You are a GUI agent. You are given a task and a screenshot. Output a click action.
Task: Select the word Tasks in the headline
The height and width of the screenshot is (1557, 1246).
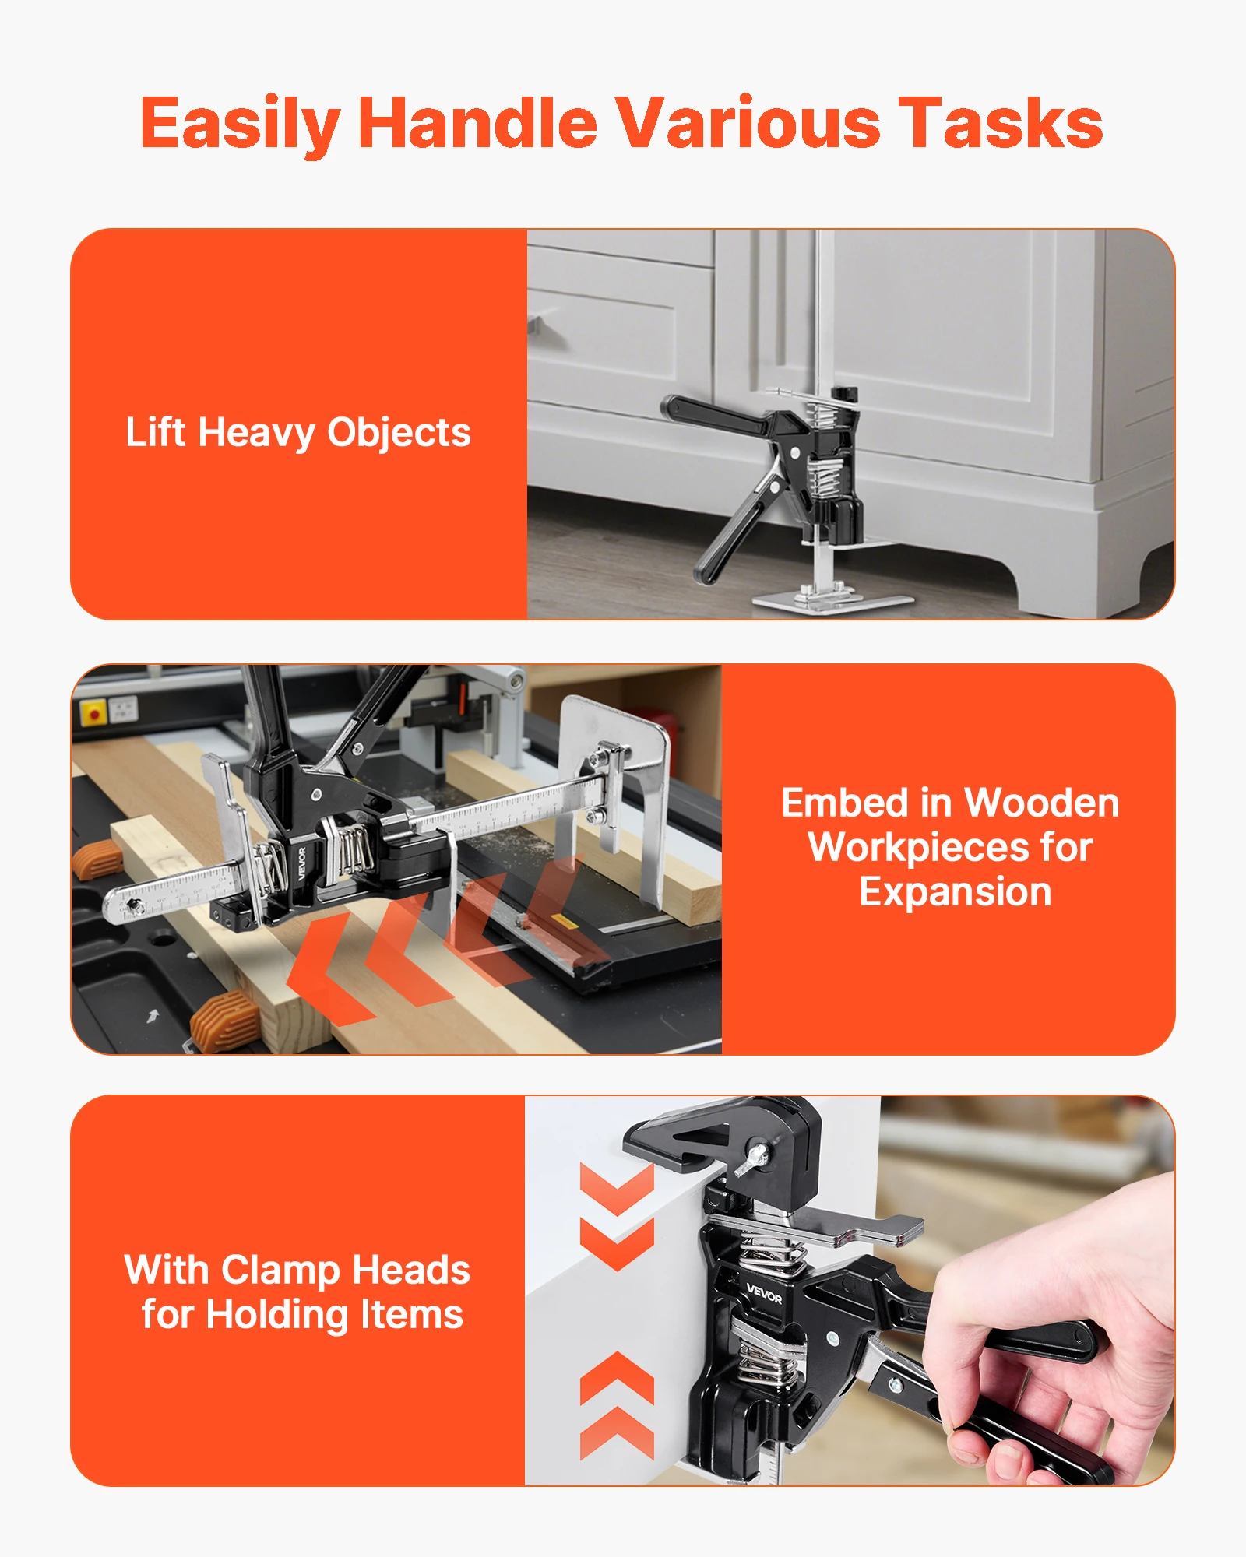point(1000,123)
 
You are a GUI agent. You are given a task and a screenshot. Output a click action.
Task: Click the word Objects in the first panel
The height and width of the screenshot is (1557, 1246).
point(399,434)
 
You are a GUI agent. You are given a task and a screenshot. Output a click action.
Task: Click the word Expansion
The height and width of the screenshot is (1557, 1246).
point(955,892)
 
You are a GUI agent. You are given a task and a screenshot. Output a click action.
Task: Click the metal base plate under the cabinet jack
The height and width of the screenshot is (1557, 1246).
point(832,601)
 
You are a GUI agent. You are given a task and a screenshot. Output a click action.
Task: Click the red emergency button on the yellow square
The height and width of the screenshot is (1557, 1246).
point(94,713)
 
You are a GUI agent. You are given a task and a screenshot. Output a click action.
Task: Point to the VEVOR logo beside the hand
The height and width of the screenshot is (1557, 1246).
point(763,1295)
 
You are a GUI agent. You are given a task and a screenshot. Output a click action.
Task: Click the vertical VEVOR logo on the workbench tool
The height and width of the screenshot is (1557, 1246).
point(301,863)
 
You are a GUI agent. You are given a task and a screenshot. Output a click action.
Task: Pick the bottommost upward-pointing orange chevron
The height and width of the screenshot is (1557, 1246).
point(616,1432)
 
